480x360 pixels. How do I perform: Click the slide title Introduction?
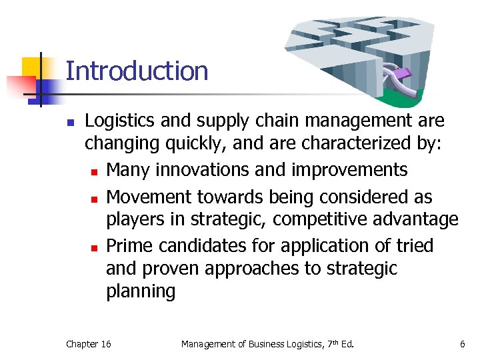coord(137,71)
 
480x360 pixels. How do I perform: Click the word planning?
coord(141,291)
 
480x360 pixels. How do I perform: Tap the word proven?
coord(169,269)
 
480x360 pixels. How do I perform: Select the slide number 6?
coord(462,344)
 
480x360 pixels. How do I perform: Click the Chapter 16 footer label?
coord(89,344)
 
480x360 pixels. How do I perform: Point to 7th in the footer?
coord(331,343)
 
